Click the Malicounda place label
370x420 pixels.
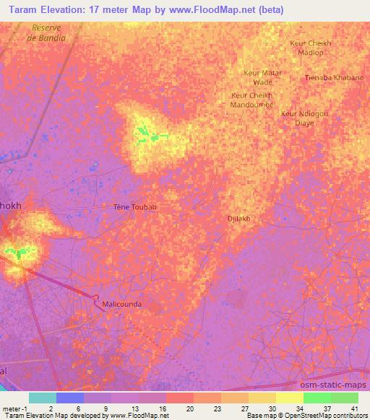121,305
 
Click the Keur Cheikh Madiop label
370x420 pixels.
310,47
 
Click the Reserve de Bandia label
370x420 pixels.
48,32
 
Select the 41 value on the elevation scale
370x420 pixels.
354,408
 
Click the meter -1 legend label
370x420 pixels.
14,408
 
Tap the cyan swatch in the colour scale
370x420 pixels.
43,398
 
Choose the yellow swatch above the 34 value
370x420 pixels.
289,398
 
